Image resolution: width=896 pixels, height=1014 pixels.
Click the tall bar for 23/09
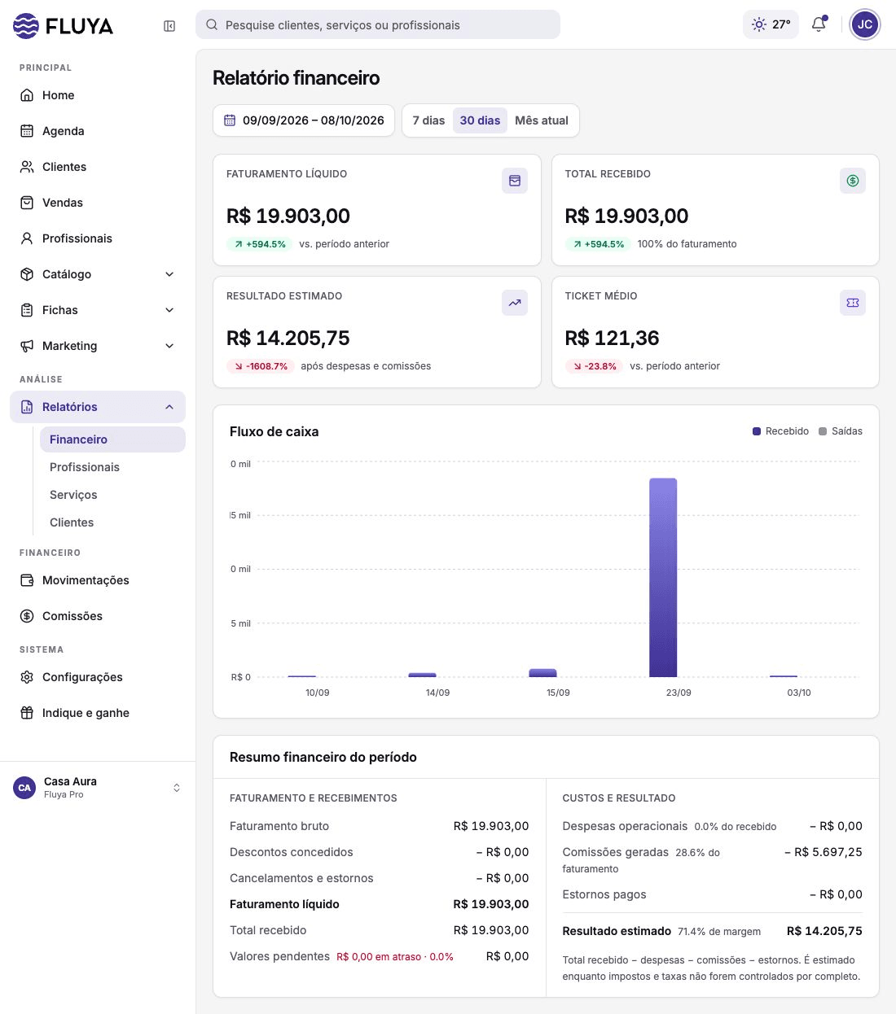pos(663,578)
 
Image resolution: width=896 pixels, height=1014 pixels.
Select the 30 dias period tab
pos(480,120)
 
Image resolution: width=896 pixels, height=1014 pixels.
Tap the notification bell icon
pos(819,24)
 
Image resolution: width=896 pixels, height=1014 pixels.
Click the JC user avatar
pos(864,24)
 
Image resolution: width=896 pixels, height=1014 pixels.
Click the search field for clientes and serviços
pos(378,25)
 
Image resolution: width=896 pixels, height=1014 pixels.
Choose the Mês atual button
pos(541,120)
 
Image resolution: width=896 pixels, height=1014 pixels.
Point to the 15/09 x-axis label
pos(558,693)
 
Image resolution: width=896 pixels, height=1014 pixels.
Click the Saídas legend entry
pos(841,431)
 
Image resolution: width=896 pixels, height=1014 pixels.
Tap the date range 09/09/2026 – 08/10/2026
pos(304,120)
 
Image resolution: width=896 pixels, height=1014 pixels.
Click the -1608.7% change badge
pos(261,366)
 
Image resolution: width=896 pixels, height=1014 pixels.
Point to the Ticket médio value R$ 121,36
pos(612,338)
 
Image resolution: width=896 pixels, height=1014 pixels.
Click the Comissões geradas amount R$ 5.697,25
pos(824,852)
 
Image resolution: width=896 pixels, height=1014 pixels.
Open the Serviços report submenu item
pos(73,495)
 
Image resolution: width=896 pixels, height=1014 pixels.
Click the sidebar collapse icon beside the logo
pos(169,26)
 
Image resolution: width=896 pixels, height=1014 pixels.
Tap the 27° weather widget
pos(771,24)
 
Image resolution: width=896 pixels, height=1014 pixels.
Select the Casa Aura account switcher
pos(97,788)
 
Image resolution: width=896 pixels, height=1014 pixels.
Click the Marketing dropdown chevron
pos(169,346)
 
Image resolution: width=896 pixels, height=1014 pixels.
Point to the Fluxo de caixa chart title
pos(275,431)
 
